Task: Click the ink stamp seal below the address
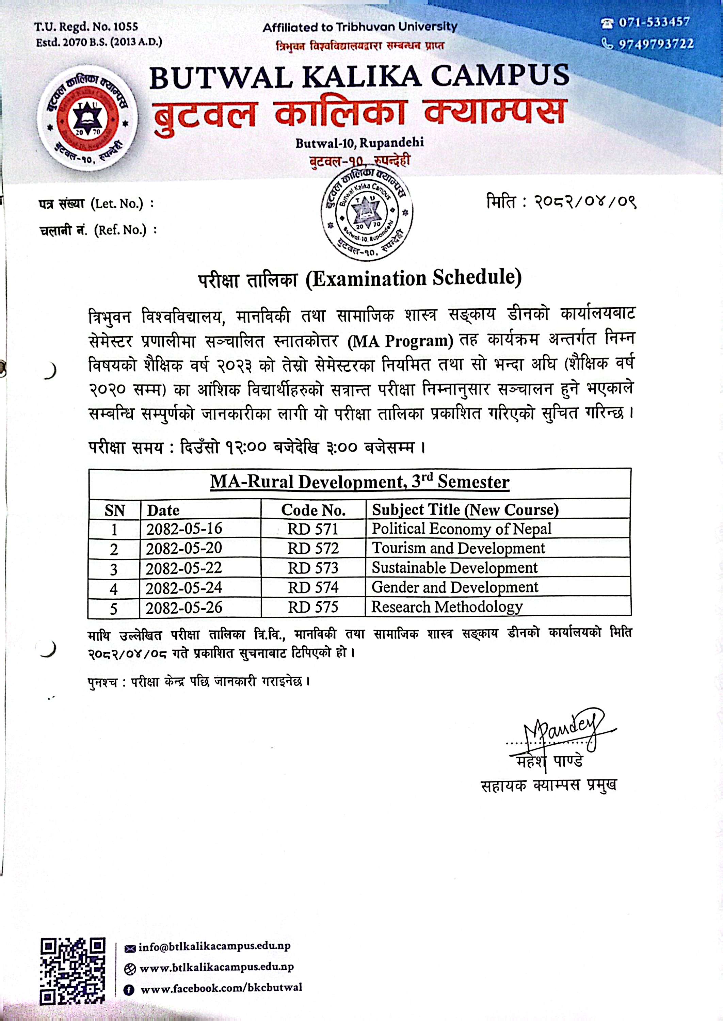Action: pyautogui.click(x=366, y=213)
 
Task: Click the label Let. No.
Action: pyautogui.click(x=117, y=204)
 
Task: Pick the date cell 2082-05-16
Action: pyautogui.click(x=184, y=529)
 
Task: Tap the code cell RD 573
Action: pyautogui.click(x=313, y=568)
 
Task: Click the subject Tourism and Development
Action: pyautogui.click(x=458, y=548)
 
